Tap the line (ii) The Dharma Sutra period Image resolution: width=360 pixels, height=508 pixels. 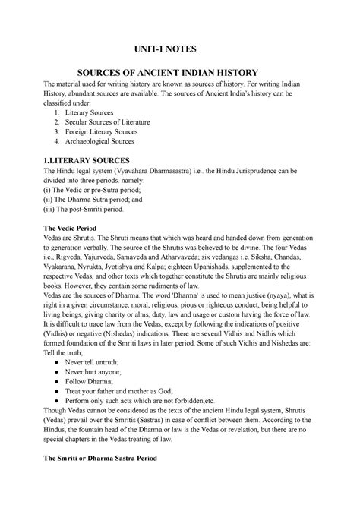(x=111, y=203)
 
